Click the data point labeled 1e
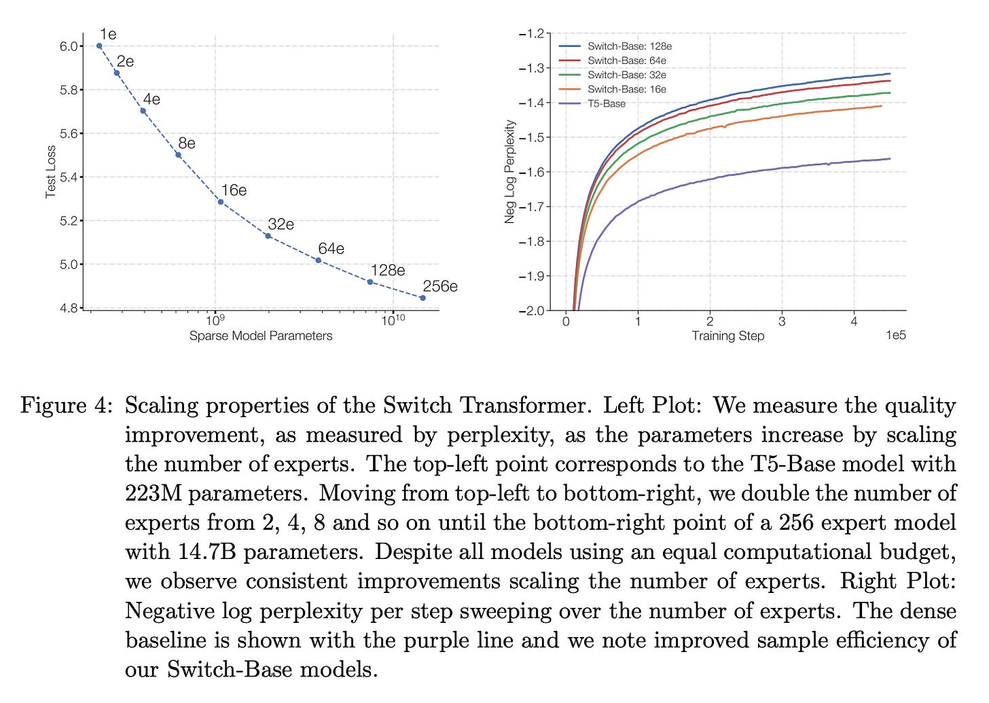(99, 46)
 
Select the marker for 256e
(422, 298)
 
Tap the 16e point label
(234, 190)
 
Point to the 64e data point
(318, 260)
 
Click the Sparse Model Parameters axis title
(261, 336)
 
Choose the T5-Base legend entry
(607, 104)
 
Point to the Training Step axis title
(727, 336)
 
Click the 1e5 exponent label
(896, 336)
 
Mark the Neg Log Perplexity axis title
(510, 172)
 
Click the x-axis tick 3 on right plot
(782, 321)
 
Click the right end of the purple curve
(889, 159)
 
